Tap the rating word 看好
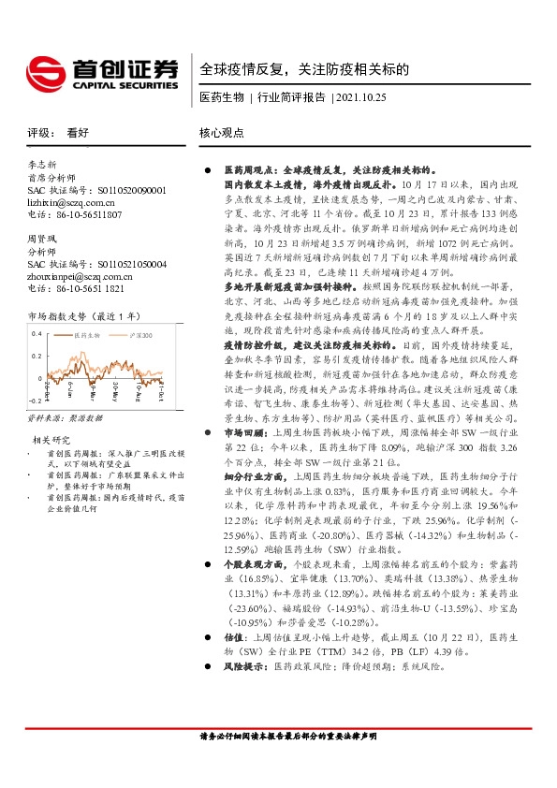(78, 134)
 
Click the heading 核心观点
(223, 134)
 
